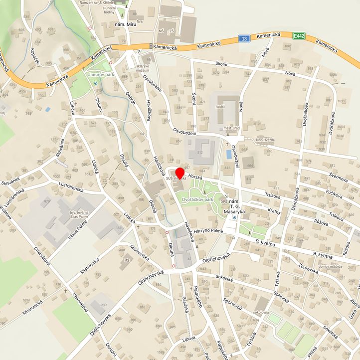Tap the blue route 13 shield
(243, 38)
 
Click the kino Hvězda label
(265, 140)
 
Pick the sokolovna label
(261, 312)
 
